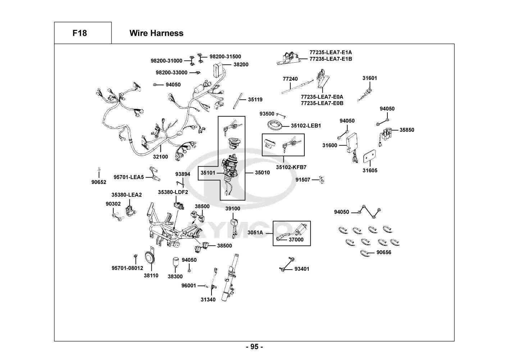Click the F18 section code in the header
pos(79,33)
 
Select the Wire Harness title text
pos(156,33)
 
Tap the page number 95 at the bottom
pos(254,347)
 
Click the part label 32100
pos(160,157)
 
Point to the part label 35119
pos(255,99)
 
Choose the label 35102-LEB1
pos(306,126)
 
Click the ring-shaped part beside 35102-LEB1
pos(275,126)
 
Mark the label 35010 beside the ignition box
pos(262,172)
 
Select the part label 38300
pos(175,276)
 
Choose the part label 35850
pos(406,130)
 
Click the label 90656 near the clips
pos(384,252)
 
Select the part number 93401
pos(302,269)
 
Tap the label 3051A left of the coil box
pos(255,233)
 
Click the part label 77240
pos(290,79)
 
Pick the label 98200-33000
pos(171,72)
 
